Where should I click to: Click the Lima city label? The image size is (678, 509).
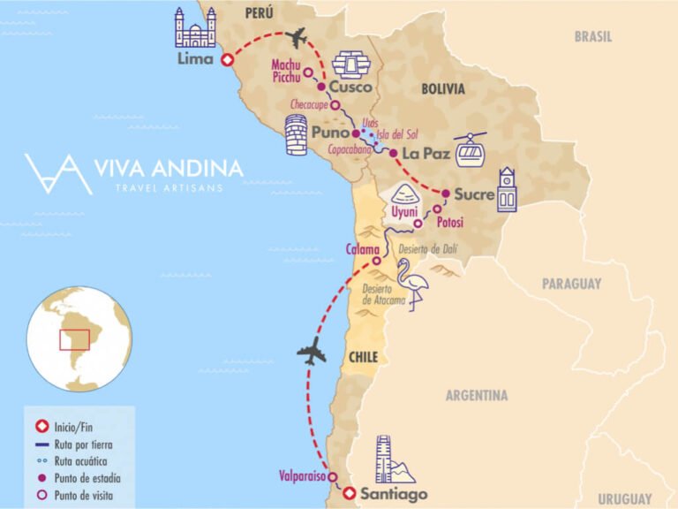tap(195, 60)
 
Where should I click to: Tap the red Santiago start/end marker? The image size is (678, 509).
tap(350, 493)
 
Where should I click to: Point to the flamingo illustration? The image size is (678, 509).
tap(412, 288)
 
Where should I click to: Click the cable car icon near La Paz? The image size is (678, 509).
tap(470, 150)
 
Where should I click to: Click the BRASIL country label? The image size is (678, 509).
tap(593, 37)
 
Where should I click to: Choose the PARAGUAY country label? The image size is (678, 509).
tap(571, 284)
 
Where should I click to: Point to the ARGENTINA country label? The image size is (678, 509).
tap(477, 395)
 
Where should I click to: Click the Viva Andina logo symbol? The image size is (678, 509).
tap(58, 173)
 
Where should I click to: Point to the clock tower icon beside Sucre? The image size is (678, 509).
tap(506, 190)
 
